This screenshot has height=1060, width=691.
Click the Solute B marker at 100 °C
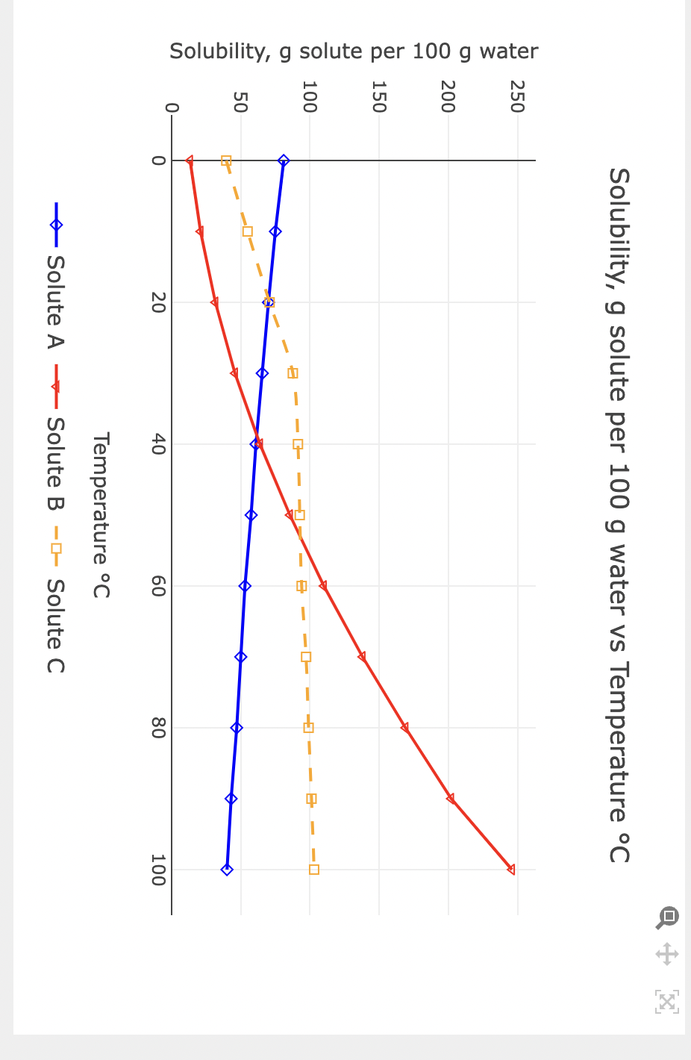(511, 869)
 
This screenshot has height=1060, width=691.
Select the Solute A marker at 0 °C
(284, 160)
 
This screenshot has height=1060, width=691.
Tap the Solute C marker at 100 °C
(314, 870)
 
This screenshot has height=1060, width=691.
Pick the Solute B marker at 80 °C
(405, 728)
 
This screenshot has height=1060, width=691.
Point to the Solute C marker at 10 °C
(248, 231)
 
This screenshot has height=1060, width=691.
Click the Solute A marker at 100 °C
(227, 870)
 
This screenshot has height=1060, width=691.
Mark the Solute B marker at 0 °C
(190, 160)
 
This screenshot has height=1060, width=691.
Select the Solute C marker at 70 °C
(306, 657)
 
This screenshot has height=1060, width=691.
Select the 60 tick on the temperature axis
(157, 586)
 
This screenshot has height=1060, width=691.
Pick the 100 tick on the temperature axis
(157, 870)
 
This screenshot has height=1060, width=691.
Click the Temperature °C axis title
(101, 515)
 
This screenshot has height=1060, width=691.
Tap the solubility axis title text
(354, 52)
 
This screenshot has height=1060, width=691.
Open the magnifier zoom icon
(666, 917)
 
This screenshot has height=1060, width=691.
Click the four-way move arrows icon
(666, 954)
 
